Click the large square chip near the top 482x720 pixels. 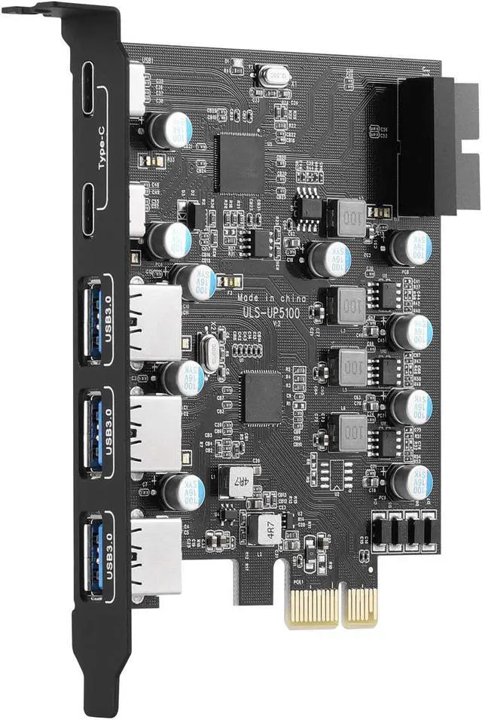(x=239, y=163)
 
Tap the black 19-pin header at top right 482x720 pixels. (x=425, y=147)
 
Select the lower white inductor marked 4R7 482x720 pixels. (x=267, y=528)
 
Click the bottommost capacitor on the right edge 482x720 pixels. (x=411, y=481)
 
